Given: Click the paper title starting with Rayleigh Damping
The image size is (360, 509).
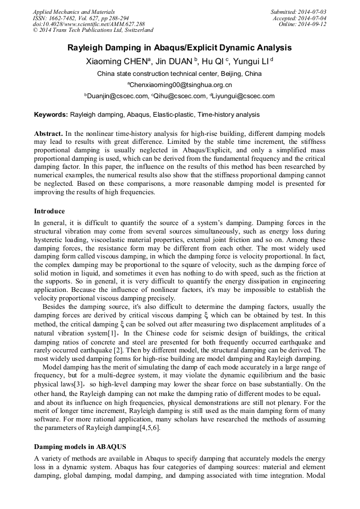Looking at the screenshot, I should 179,48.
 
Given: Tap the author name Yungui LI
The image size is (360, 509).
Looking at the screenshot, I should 254,61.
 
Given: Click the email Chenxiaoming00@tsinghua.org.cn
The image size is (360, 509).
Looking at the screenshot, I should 180,85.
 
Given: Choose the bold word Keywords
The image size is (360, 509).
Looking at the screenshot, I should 50,115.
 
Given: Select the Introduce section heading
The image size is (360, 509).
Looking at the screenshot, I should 49,211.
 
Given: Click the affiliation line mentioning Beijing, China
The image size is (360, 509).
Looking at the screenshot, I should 179,73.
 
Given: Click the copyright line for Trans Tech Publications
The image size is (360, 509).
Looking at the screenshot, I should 93,31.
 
